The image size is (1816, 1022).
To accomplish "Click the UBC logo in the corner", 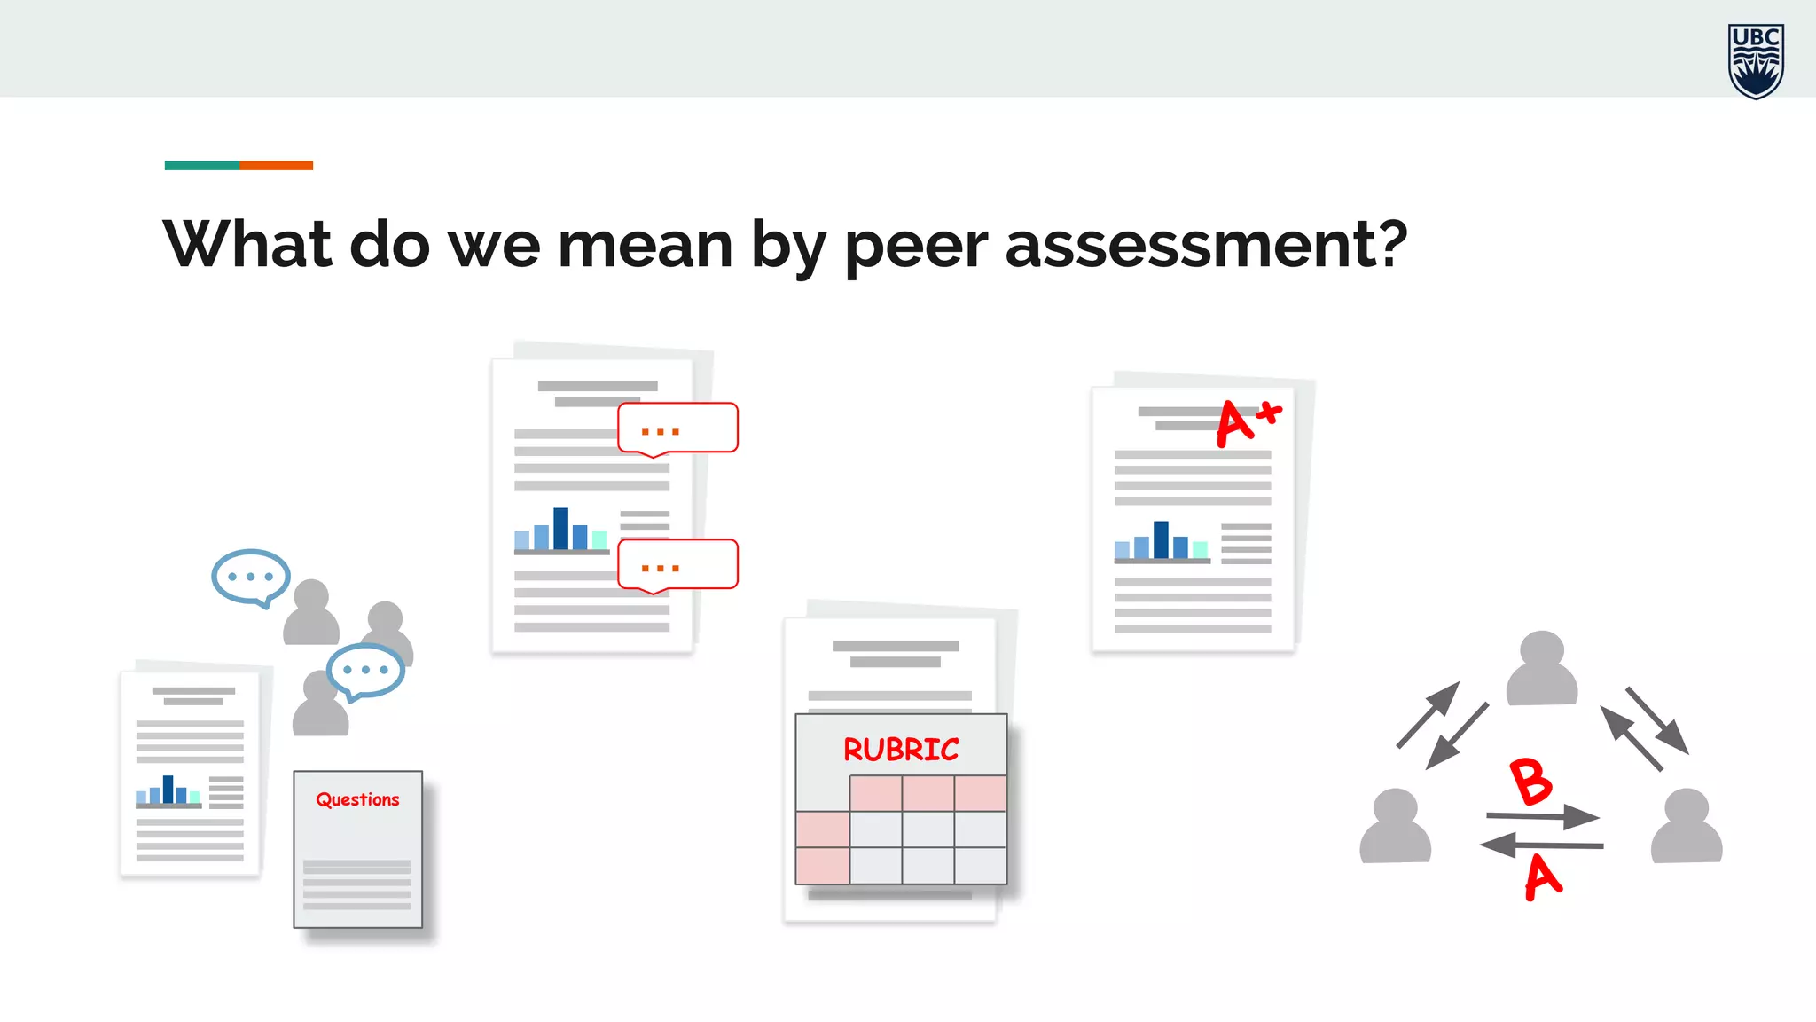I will [x=1756, y=60].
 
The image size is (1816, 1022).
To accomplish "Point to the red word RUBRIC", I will [x=901, y=750].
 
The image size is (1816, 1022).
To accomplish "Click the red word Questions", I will [x=357, y=799].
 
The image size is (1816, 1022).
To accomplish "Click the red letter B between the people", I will [x=1530, y=782].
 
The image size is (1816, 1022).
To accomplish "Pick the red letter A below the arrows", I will [x=1543, y=877].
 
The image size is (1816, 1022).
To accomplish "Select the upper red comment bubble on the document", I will [x=677, y=428].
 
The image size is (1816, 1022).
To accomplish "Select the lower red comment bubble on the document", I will [x=677, y=565].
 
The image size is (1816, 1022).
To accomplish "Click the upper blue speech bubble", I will [x=251, y=577].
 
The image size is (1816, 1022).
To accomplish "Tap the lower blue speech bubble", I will [x=365, y=670].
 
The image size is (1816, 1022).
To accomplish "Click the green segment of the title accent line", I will [x=201, y=165].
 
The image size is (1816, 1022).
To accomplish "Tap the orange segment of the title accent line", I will [x=276, y=165].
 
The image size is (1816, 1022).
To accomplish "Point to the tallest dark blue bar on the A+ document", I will [x=1161, y=539].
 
